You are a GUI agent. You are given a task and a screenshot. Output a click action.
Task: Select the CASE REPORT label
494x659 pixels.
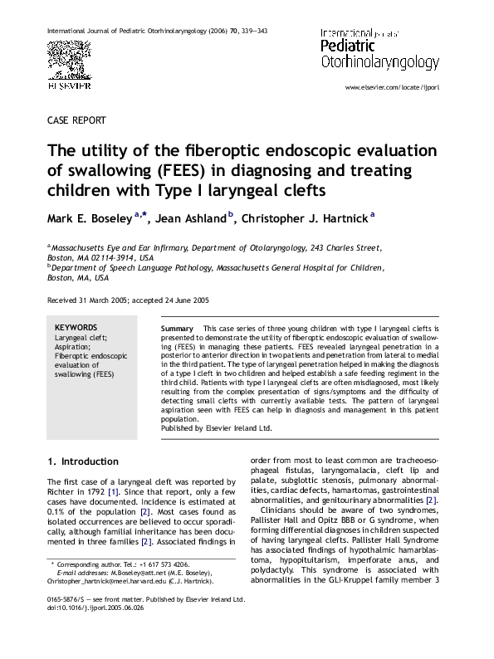(x=77, y=120)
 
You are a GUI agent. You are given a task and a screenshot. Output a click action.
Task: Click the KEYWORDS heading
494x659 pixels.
(x=75, y=327)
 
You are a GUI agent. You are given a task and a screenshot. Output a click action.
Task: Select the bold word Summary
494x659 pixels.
(x=177, y=329)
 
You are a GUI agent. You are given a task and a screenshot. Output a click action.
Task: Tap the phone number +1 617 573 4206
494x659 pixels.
(x=150, y=564)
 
